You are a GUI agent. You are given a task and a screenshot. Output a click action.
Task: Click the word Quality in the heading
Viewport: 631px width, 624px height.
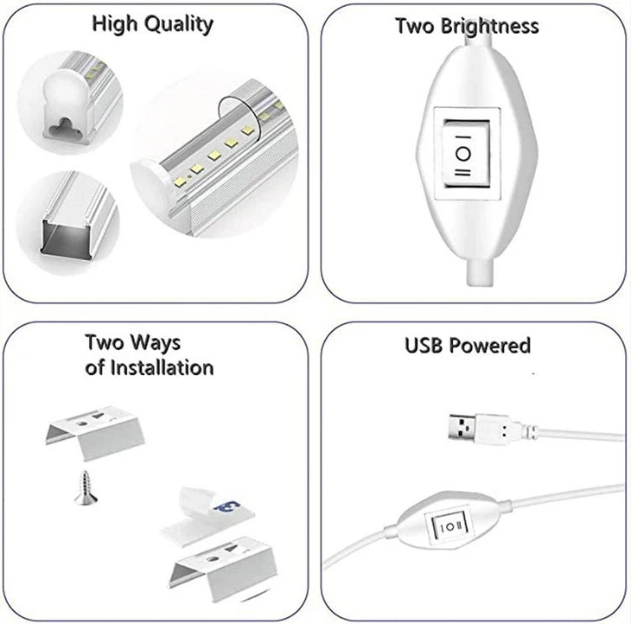pos(179,25)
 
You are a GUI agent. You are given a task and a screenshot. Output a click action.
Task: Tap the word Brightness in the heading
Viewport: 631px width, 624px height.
pos(490,27)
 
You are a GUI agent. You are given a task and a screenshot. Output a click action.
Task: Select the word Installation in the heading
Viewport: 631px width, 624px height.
pos(162,368)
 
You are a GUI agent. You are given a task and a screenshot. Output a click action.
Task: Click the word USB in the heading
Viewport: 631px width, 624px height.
pos(424,346)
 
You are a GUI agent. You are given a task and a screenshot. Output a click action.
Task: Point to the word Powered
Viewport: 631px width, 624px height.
pos(490,346)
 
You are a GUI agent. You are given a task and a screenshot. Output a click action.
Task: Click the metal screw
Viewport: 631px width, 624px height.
pos(86,487)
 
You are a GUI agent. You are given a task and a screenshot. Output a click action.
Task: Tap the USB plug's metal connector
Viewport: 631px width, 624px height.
pos(462,428)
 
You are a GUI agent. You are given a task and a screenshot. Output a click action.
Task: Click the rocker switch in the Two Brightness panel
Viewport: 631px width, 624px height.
pos(467,153)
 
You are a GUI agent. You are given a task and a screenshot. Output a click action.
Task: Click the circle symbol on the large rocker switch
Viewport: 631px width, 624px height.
pos(462,154)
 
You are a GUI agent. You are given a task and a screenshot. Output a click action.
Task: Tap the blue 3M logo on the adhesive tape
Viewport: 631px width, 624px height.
pos(227,506)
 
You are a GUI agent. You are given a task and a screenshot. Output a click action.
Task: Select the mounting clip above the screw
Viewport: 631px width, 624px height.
pos(95,432)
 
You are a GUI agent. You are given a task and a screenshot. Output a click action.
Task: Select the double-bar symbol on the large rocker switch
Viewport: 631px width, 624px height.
pos(462,173)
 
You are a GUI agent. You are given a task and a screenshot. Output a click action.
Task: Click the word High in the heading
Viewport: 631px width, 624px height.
pos(115,24)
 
